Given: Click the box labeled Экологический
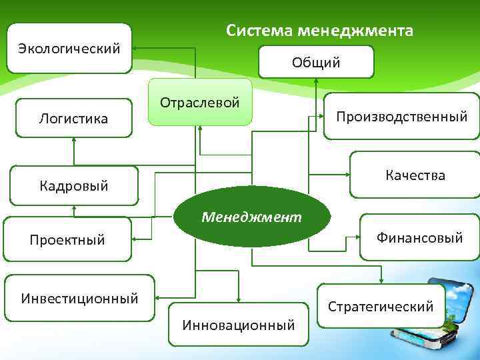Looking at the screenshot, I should click(x=69, y=48).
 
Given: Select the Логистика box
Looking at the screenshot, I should click(x=73, y=119).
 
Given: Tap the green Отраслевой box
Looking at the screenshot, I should click(x=200, y=103).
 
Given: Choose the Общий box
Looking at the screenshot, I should click(x=315, y=62).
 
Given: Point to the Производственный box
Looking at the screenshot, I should click(x=401, y=116).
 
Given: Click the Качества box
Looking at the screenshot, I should click(x=415, y=175).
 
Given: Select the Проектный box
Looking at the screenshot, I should click(x=67, y=239).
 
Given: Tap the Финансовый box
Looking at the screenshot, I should click(x=419, y=237).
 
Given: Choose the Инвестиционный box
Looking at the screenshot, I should click(x=79, y=297).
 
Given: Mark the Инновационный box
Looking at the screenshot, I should click(x=239, y=325).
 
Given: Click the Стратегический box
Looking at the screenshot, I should click(x=381, y=306).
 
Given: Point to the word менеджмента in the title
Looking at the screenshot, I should click(x=355, y=31).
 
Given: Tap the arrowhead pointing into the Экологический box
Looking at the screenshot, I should click(x=135, y=48).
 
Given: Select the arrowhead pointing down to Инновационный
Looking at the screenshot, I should click(x=239, y=299).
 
